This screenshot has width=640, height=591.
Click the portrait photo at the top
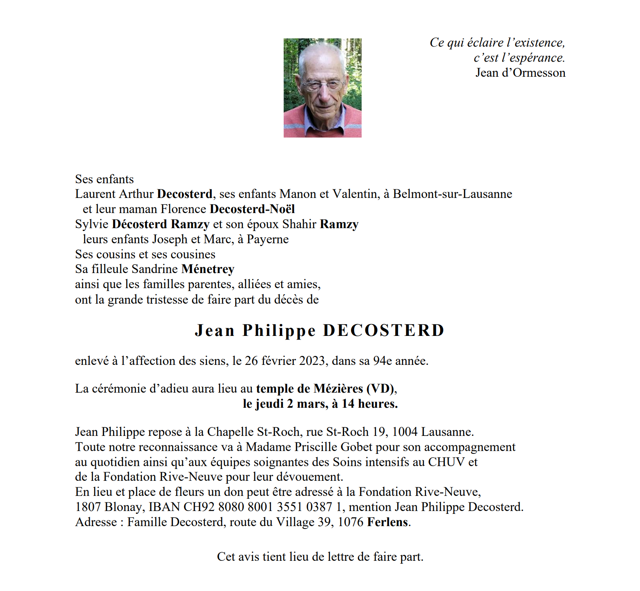click(322, 88)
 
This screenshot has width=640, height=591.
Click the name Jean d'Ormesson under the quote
click(520, 73)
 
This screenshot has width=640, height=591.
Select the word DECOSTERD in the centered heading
click(383, 330)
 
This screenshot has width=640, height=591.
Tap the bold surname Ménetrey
click(208, 269)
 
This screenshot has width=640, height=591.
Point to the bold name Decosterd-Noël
click(252, 209)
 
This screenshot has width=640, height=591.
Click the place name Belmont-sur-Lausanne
click(452, 194)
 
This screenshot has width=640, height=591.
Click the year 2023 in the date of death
click(312, 361)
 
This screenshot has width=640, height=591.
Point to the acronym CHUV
click(446, 462)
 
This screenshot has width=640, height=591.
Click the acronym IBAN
click(164, 507)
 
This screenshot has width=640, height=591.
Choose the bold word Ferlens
click(388, 522)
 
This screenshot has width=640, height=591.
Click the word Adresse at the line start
click(96, 522)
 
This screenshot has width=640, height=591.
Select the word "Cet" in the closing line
click(226, 557)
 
